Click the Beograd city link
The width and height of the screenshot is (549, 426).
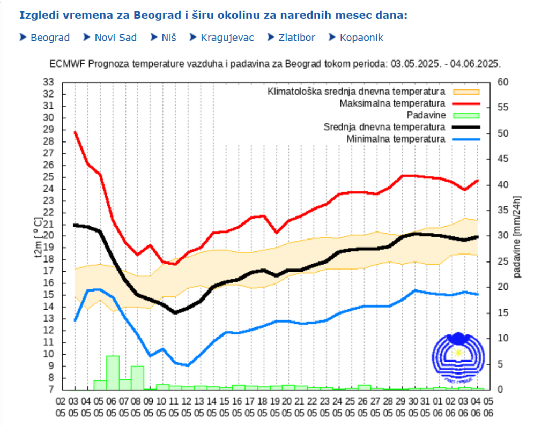50,38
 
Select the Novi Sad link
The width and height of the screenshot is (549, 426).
115,38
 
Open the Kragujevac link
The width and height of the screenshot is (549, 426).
227,38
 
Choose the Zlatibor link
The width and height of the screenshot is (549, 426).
296,38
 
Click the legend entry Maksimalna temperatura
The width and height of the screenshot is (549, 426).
392,103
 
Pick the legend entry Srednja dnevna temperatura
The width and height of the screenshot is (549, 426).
384,127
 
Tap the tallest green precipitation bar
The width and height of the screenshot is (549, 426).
113,372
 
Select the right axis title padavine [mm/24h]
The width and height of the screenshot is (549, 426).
517,236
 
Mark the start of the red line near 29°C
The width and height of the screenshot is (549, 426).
75,132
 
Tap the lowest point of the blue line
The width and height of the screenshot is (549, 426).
187,365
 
